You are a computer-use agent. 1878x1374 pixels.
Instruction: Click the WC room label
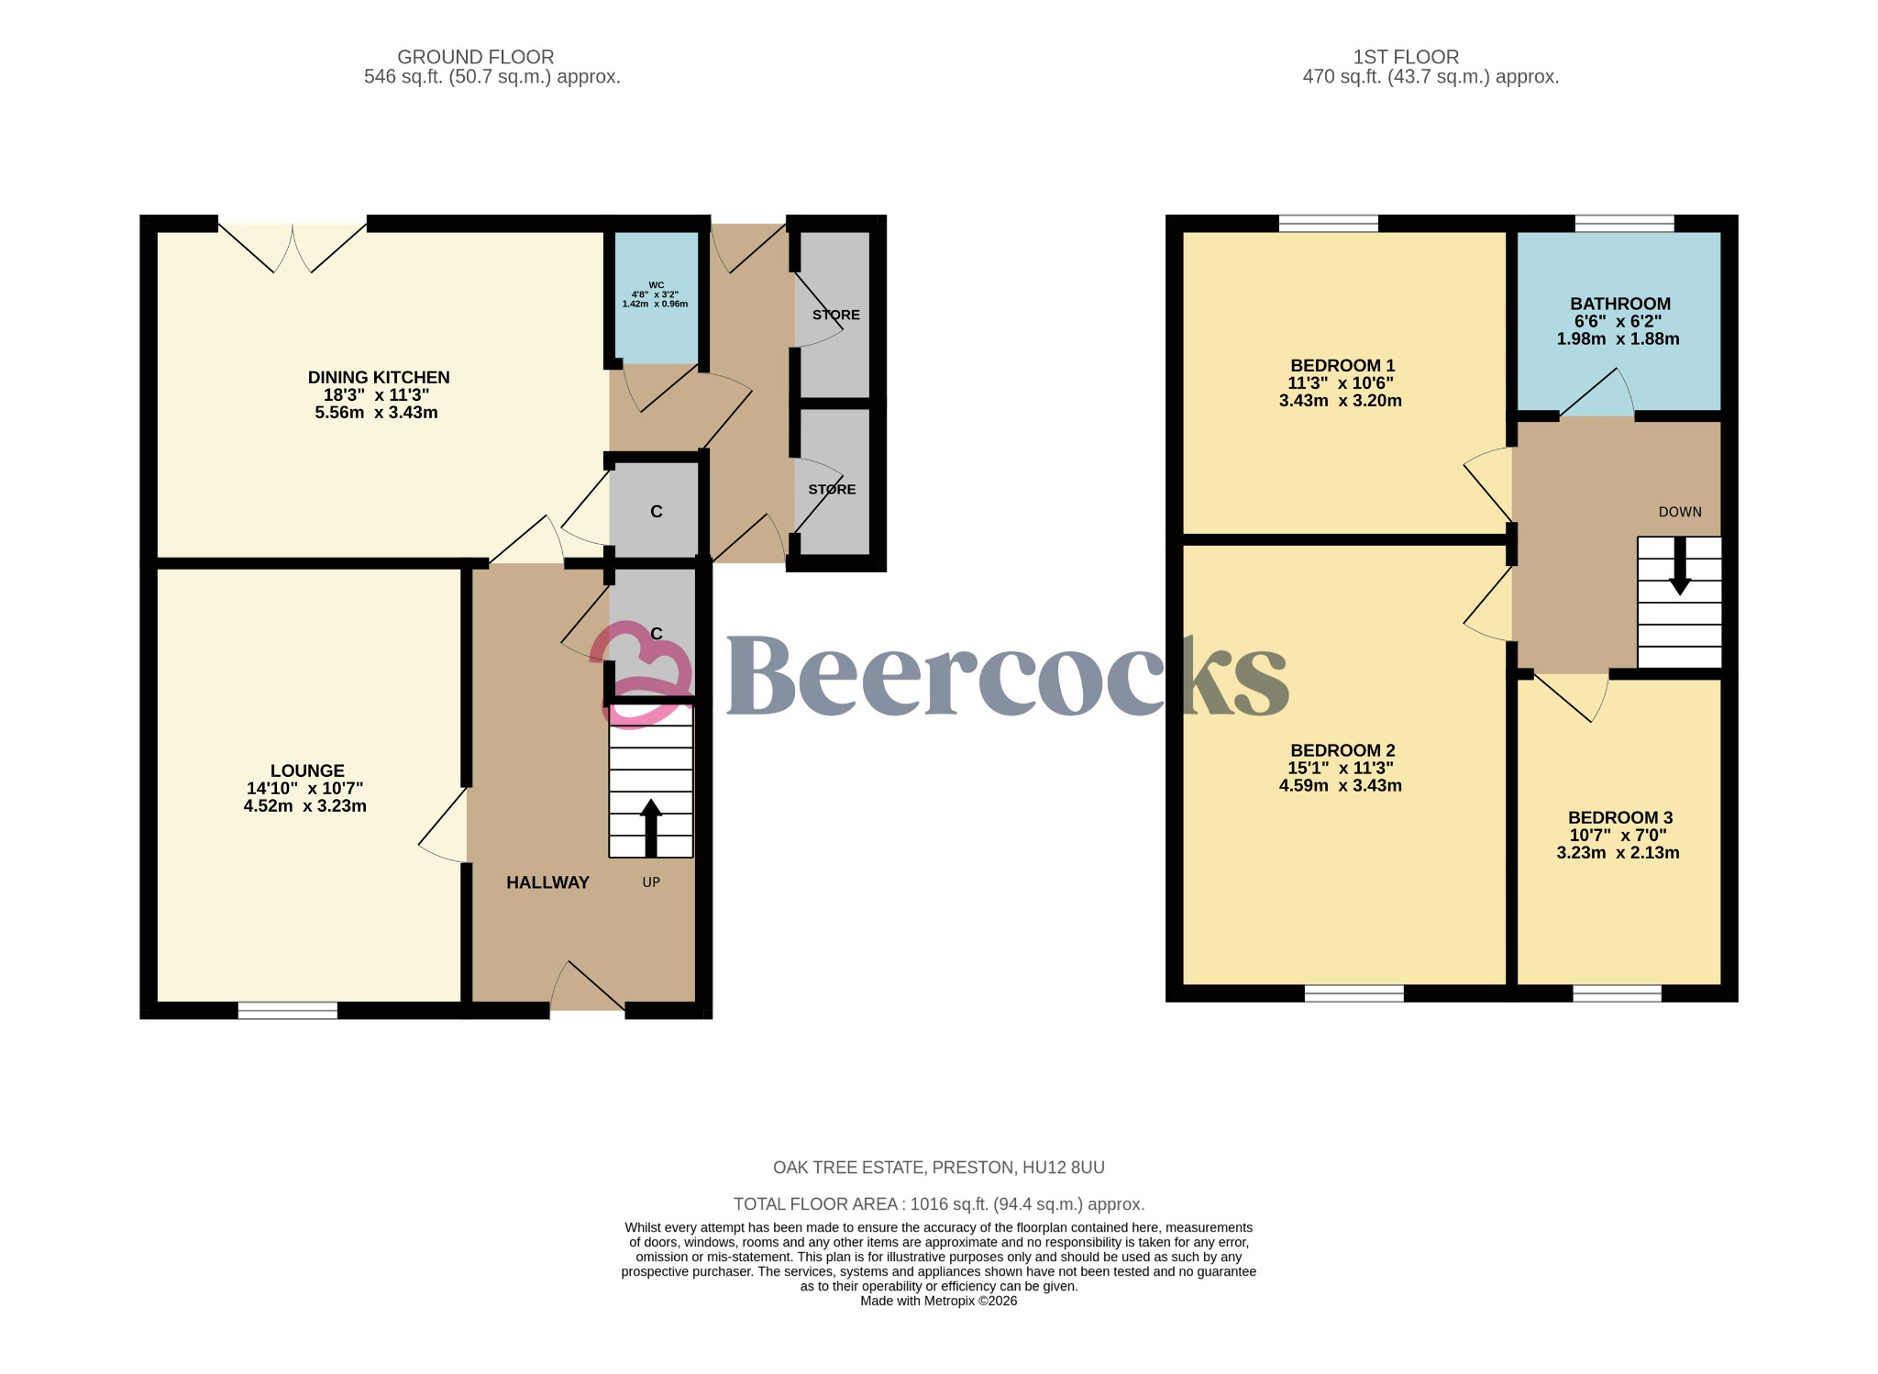point(656,285)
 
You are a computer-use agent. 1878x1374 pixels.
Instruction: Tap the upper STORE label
point(835,315)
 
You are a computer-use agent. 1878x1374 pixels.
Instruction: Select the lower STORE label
point(832,490)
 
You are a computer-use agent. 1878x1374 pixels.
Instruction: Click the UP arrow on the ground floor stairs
point(651,826)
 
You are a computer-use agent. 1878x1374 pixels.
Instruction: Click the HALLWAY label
point(547,882)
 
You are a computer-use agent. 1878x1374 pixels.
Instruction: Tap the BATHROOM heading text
point(1619,304)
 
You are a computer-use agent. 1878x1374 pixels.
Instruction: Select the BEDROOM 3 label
point(1619,817)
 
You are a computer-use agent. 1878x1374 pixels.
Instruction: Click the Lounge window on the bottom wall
point(288,1010)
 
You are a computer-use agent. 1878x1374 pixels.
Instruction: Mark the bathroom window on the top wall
point(1624,223)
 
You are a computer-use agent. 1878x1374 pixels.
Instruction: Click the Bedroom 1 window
point(1328,223)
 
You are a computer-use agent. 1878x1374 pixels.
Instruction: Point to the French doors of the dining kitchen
point(293,246)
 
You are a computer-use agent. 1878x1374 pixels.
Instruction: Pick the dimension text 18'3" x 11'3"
point(376,395)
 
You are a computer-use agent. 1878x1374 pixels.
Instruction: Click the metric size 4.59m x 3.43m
point(1340,786)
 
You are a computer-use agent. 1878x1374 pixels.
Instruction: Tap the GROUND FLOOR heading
point(475,57)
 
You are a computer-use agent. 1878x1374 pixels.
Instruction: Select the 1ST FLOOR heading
point(1406,57)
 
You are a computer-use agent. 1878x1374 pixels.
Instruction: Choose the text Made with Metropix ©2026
point(938,1301)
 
